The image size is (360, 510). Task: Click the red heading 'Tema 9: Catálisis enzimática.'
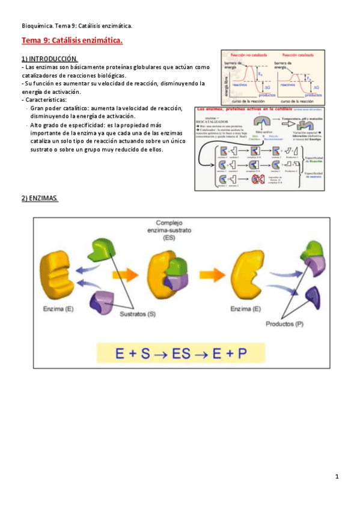tap(72, 41)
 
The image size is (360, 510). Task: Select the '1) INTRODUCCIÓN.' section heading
tap(50, 59)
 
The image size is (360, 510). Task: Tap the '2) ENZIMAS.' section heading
tap(40, 198)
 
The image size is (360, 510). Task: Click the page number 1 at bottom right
tap(338, 477)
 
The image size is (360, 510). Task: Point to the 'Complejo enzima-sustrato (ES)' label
tap(173, 229)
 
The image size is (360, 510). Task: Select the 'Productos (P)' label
tap(286, 324)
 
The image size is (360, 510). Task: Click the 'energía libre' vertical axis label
tap(226, 81)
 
